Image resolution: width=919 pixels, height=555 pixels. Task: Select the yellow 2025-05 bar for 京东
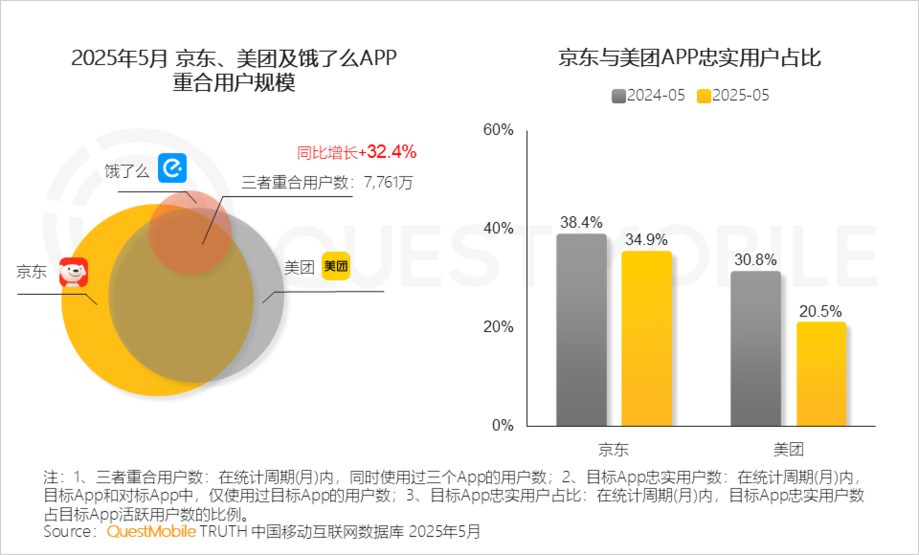pos(647,338)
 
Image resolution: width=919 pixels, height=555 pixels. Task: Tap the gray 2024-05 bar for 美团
pos(755,348)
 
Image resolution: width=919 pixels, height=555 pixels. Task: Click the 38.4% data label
pos(581,223)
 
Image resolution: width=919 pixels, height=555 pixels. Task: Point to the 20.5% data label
pos(820,311)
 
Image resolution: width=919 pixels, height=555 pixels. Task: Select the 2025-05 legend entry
pos(732,96)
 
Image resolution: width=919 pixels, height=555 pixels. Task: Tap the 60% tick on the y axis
pos(498,130)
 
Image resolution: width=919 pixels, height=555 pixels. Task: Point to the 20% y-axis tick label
pos(498,327)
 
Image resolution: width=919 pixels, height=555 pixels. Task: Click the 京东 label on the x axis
pos(614,449)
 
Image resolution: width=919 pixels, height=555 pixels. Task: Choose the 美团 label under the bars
pos(788,449)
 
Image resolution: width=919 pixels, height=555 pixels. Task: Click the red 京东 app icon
pos(74,273)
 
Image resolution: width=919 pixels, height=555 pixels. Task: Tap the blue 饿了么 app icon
pos(173,168)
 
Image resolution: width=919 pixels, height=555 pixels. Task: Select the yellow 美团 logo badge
pos(336,267)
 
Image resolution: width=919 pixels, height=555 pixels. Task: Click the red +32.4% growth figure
pos(392,152)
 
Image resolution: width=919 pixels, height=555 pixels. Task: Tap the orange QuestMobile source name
pos(151,531)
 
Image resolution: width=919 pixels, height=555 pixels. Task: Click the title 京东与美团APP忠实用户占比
pos(689,58)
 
